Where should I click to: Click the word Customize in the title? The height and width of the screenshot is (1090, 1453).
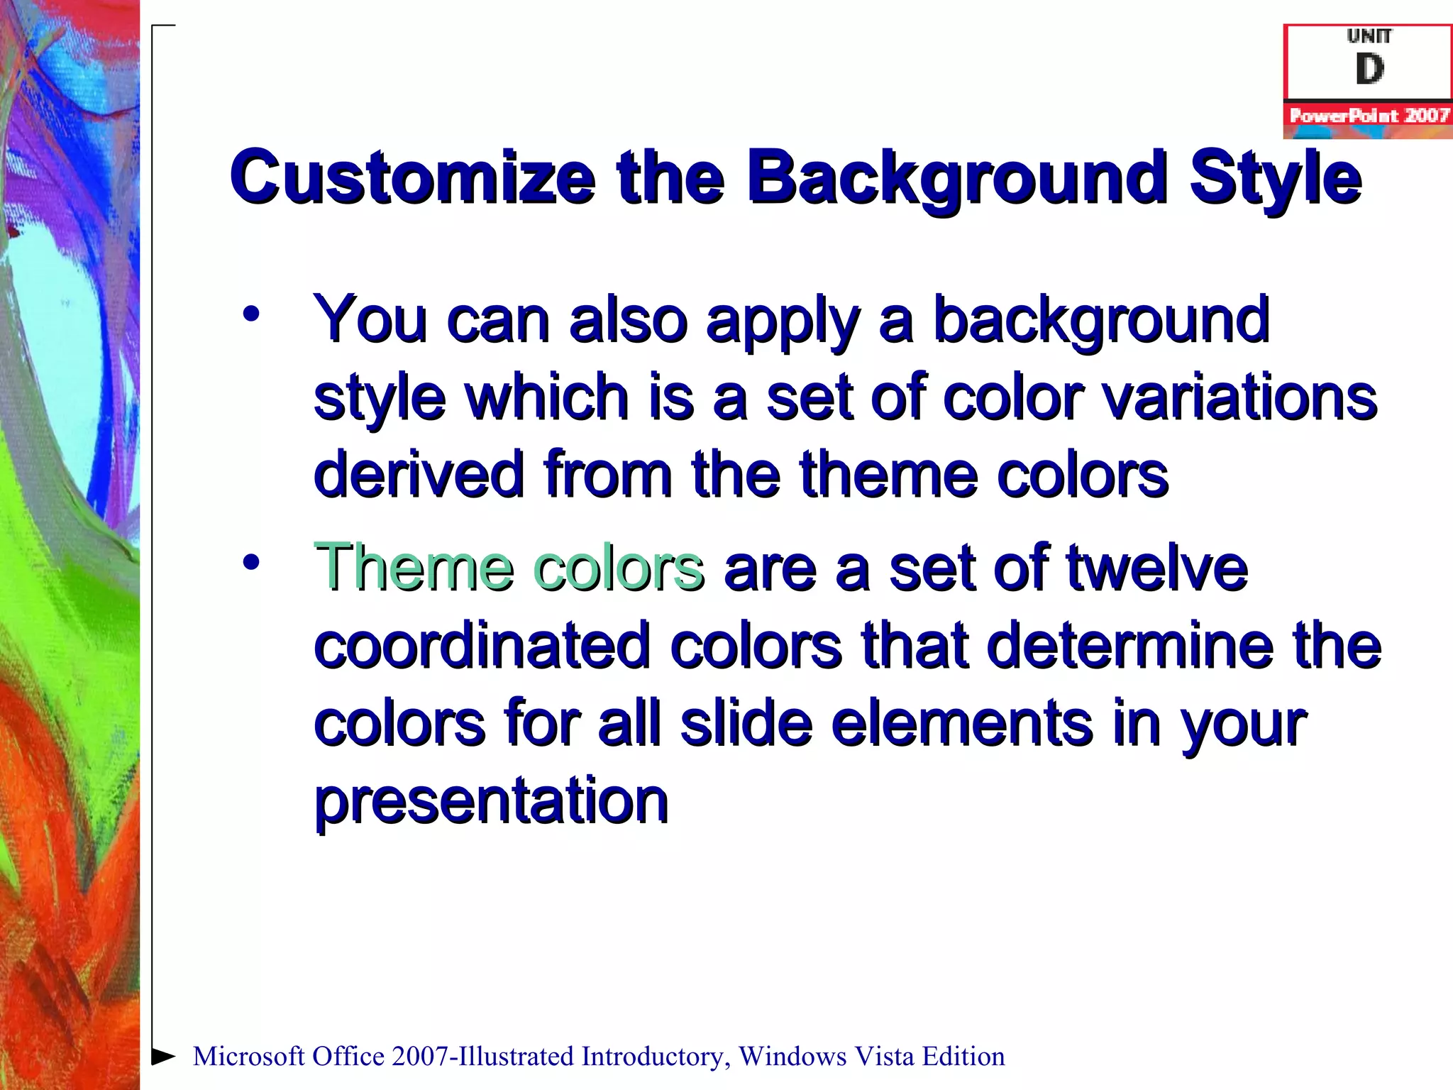[x=411, y=177]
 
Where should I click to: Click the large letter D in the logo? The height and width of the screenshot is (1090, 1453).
[x=1369, y=70]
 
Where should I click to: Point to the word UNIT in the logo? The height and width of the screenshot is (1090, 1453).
[x=1369, y=36]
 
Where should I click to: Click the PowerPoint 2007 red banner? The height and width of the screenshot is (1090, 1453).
[x=1368, y=116]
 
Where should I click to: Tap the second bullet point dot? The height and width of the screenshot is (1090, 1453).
[x=251, y=562]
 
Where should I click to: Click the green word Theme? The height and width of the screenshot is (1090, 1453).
[x=414, y=568]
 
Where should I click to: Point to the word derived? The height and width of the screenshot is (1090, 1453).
[x=419, y=475]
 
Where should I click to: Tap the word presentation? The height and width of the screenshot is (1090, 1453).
[x=491, y=802]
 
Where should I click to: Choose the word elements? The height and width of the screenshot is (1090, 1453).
[x=961, y=724]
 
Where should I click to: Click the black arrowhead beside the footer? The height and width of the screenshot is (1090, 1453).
[x=164, y=1057]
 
